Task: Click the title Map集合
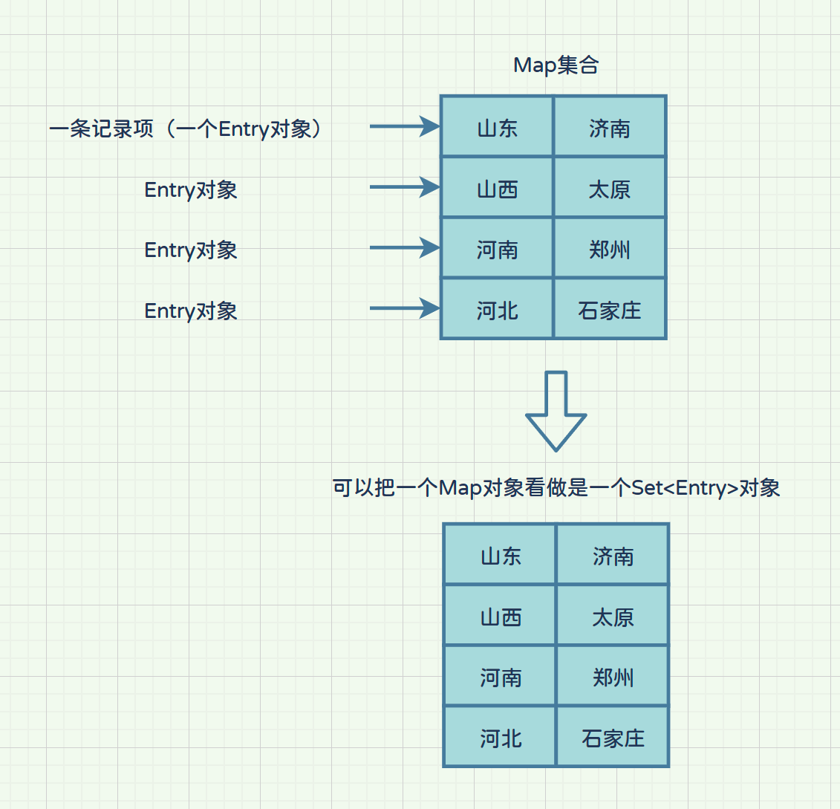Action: pyautogui.click(x=556, y=65)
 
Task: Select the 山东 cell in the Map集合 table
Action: pyautogui.click(x=497, y=128)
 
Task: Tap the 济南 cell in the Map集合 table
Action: pyautogui.click(x=609, y=128)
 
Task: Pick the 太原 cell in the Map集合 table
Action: pyautogui.click(x=609, y=189)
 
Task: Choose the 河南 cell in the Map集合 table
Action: pyautogui.click(x=497, y=250)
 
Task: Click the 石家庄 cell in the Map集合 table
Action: pyautogui.click(x=609, y=310)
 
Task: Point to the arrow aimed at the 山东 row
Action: pyautogui.click(x=404, y=126)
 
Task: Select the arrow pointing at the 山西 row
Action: pyautogui.click(x=404, y=187)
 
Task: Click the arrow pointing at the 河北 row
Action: pyautogui.click(x=404, y=308)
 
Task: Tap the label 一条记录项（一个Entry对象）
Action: pyautogui.click(x=186, y=129)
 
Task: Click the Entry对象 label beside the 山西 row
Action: pyautogui.click(x=191, y=189)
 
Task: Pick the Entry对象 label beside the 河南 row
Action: pyautogui.click(x=191, y=250)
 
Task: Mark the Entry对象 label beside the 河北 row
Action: pyautogui.click(x=191, y=311)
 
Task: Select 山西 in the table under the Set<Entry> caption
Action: pyautogui.click(x=501, y=617)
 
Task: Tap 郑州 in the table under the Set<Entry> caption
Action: pyautogui.click(x=613, y=677)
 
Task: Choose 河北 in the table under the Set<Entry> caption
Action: pyautogui.click(x=501, y=738)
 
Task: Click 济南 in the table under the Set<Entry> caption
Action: pyautogui.click(x=613, y=556)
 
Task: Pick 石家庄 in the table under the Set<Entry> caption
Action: pyautogui.click(x=613, y=738)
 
